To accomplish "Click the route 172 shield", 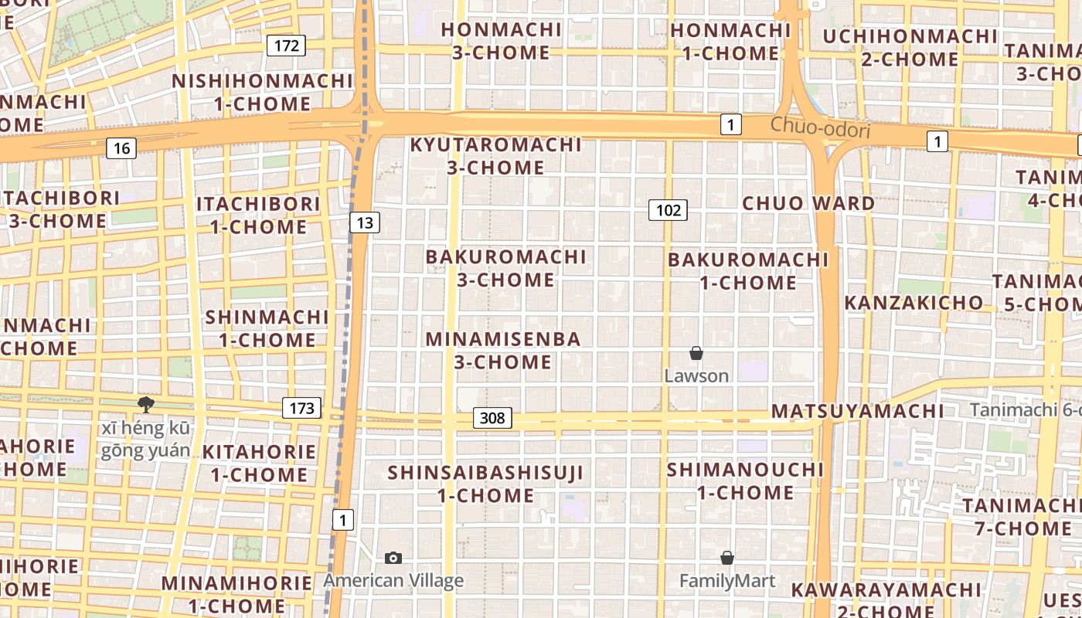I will coord(286,46).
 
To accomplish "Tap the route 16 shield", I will coord(121,148).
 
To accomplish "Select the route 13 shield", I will coord(365,223).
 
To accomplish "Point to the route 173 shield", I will coord(301,408).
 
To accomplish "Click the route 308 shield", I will coord(492,419).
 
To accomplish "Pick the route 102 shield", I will coord(668,210).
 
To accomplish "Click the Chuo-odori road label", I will coord(820,127).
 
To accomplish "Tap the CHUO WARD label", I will coord(808,203).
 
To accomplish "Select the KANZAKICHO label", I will coord(914,303).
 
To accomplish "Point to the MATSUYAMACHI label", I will coord(857,411).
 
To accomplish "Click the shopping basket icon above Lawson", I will coord(696,353).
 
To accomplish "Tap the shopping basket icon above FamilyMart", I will coord(726,558).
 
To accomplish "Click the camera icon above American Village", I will coord(393,558).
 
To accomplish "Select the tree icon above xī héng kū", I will coord(145,404).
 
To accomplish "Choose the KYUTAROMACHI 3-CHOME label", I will coord(495,156).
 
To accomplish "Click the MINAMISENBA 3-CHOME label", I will coord(502,350).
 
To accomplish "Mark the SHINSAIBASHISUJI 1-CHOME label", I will coord(485,484).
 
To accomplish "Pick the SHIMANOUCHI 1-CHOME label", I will coord(745,480).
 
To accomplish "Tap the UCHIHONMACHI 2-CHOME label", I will coord(910,48).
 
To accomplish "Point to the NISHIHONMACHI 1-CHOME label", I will coord(262,92).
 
